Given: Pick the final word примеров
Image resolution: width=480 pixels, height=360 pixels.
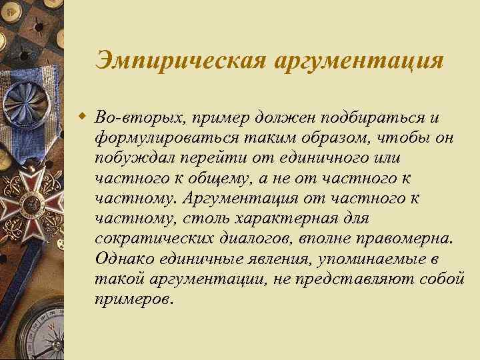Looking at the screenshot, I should point(133,298).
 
